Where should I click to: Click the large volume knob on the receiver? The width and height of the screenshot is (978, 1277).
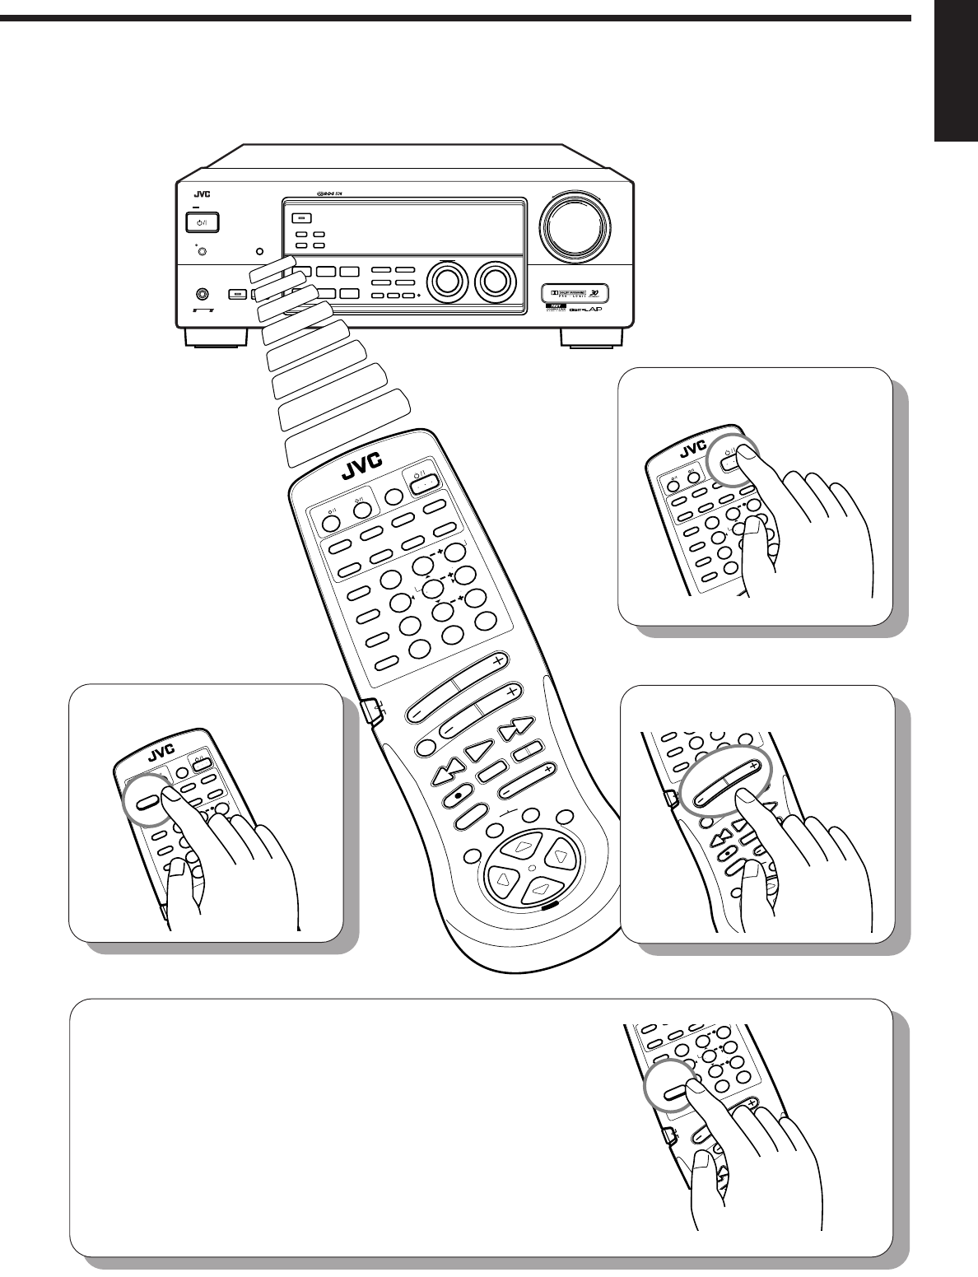[x=575, y=222]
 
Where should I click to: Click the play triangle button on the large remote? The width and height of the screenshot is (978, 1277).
[x=477, y=750]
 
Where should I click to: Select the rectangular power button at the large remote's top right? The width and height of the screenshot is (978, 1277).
[x=422, y=483]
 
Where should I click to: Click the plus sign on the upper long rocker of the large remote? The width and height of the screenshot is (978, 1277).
[x=497, y=660]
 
